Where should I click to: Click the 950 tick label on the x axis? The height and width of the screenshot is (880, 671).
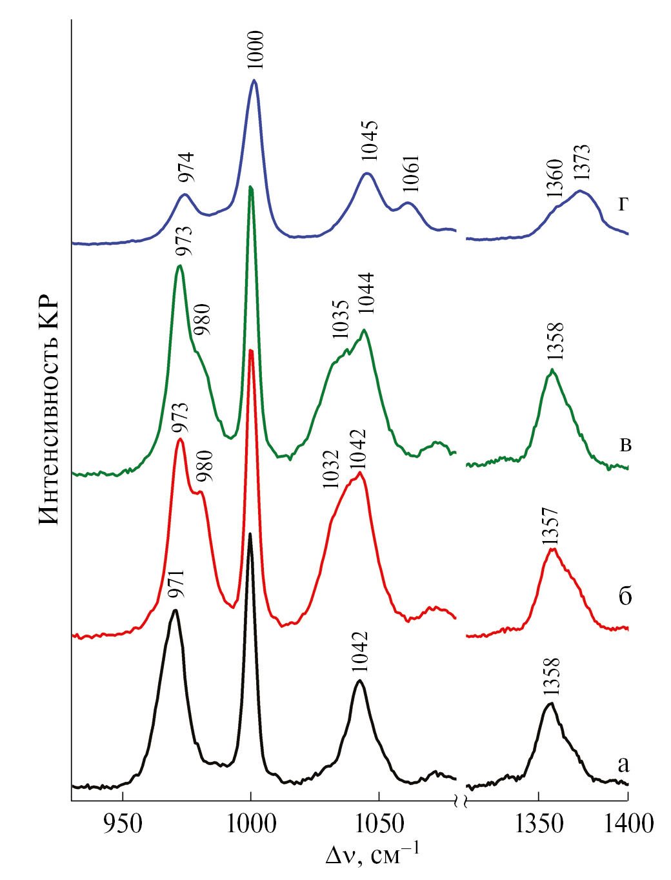pos(123,824)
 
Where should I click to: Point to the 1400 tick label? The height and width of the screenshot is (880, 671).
pos(627,824)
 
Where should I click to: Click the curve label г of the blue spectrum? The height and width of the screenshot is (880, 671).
pos(623,204)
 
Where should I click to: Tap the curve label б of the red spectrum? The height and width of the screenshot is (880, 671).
pos(625,595)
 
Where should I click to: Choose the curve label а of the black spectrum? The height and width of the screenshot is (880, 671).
pos(623,764)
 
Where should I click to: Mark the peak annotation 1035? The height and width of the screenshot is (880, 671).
pos(340,320)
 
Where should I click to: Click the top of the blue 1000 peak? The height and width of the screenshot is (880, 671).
pos(255,81)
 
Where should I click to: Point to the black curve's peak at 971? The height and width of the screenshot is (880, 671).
pos(175,610)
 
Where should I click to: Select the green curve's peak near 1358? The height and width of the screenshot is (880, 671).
pos(552,370)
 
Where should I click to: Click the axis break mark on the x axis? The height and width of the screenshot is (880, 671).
pos(461,802)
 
